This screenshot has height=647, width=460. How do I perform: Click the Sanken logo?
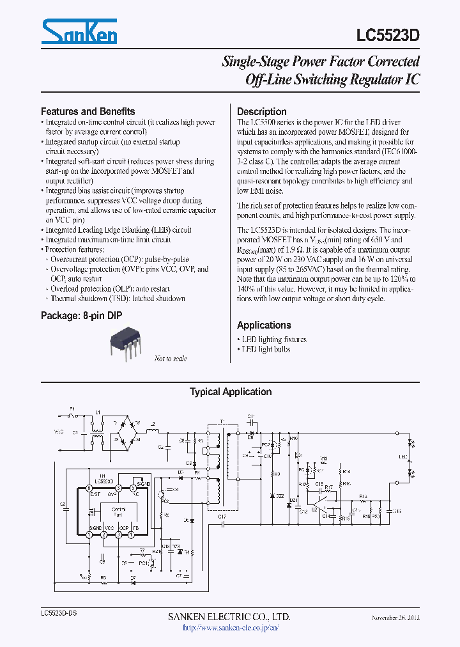pos(79,31)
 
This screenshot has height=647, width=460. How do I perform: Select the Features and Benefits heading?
pos(88,111)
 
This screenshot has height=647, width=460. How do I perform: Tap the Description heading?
pos(261,111)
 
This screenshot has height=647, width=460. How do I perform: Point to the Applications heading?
pos(264,325)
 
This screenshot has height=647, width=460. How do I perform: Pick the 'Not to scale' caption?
pos(171,359)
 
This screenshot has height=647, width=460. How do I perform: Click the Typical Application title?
pos(230,392)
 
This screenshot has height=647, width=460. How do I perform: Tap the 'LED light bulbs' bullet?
pos(264,349)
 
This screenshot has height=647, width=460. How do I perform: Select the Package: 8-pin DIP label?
pos(81,316)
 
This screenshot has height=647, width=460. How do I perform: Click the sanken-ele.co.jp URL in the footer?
pos(230,628)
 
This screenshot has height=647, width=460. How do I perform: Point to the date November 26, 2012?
pos(395,618)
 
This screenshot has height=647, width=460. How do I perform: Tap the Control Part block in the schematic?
pos(118,512)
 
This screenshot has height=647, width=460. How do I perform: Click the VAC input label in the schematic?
pos(59,432)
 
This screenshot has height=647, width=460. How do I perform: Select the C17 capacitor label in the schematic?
pos(222,517)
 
